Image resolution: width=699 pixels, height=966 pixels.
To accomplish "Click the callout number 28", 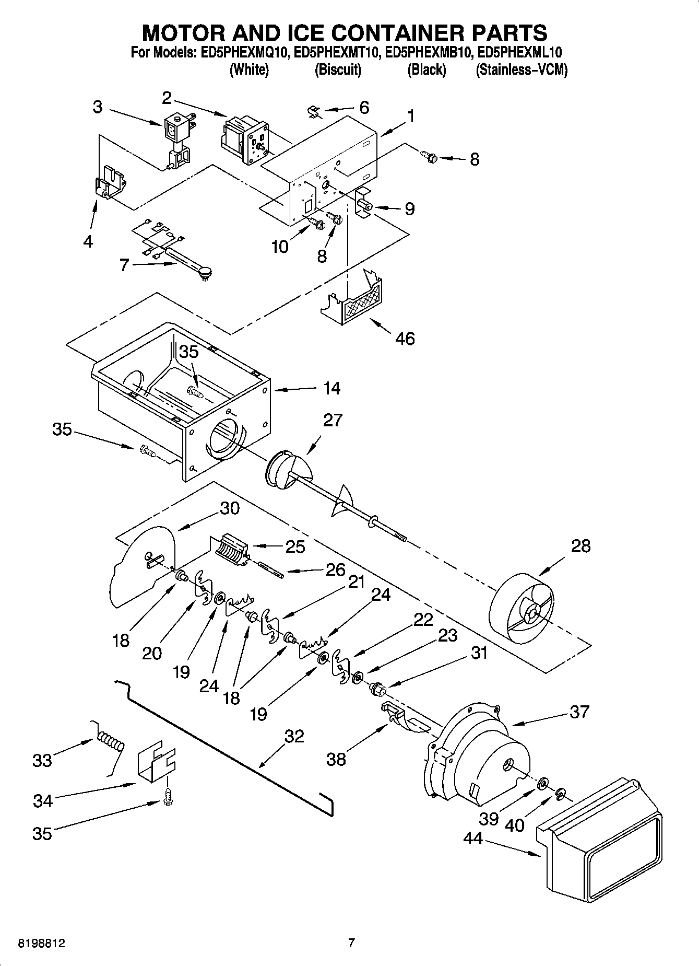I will [580, 546].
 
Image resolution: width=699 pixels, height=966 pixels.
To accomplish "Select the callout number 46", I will [405, 339].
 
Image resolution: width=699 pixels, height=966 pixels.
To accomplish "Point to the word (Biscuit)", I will [338, 69].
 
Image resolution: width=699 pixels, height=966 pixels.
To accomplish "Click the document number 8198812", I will [42, 944].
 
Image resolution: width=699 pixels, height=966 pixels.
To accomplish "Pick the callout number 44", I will [473, 839].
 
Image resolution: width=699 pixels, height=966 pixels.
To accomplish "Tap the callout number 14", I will [331, 388].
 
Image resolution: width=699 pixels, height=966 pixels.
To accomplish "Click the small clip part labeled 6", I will [313, 111].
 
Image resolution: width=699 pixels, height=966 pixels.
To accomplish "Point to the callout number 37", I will [579, 712].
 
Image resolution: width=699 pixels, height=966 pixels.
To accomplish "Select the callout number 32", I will [294, 736].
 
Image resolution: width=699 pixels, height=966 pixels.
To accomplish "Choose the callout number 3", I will [97, 107].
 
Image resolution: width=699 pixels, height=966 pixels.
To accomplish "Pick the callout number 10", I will [280, 246].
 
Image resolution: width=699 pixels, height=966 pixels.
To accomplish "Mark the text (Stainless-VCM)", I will [521, 69].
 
